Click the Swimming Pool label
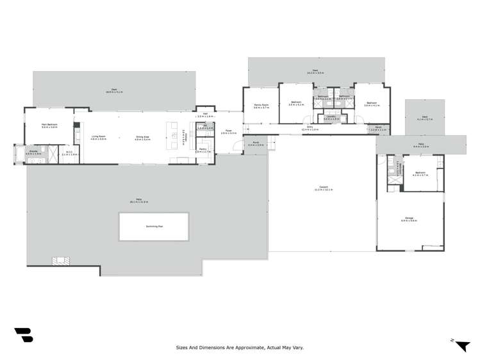[x=154, y=226]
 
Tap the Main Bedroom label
[x=49, y=126]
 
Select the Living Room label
[x=98, y=137]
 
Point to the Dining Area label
[x=142, y=137]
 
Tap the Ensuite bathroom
[x=33, y=153]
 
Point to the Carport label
[x=321, y=188]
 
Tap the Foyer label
[x=229, y=132]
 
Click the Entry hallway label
[x=310, y=129]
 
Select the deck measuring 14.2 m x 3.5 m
[x=315, y=72]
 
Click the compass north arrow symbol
[x=461, y=345]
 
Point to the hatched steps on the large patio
[x=62, y=261]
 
